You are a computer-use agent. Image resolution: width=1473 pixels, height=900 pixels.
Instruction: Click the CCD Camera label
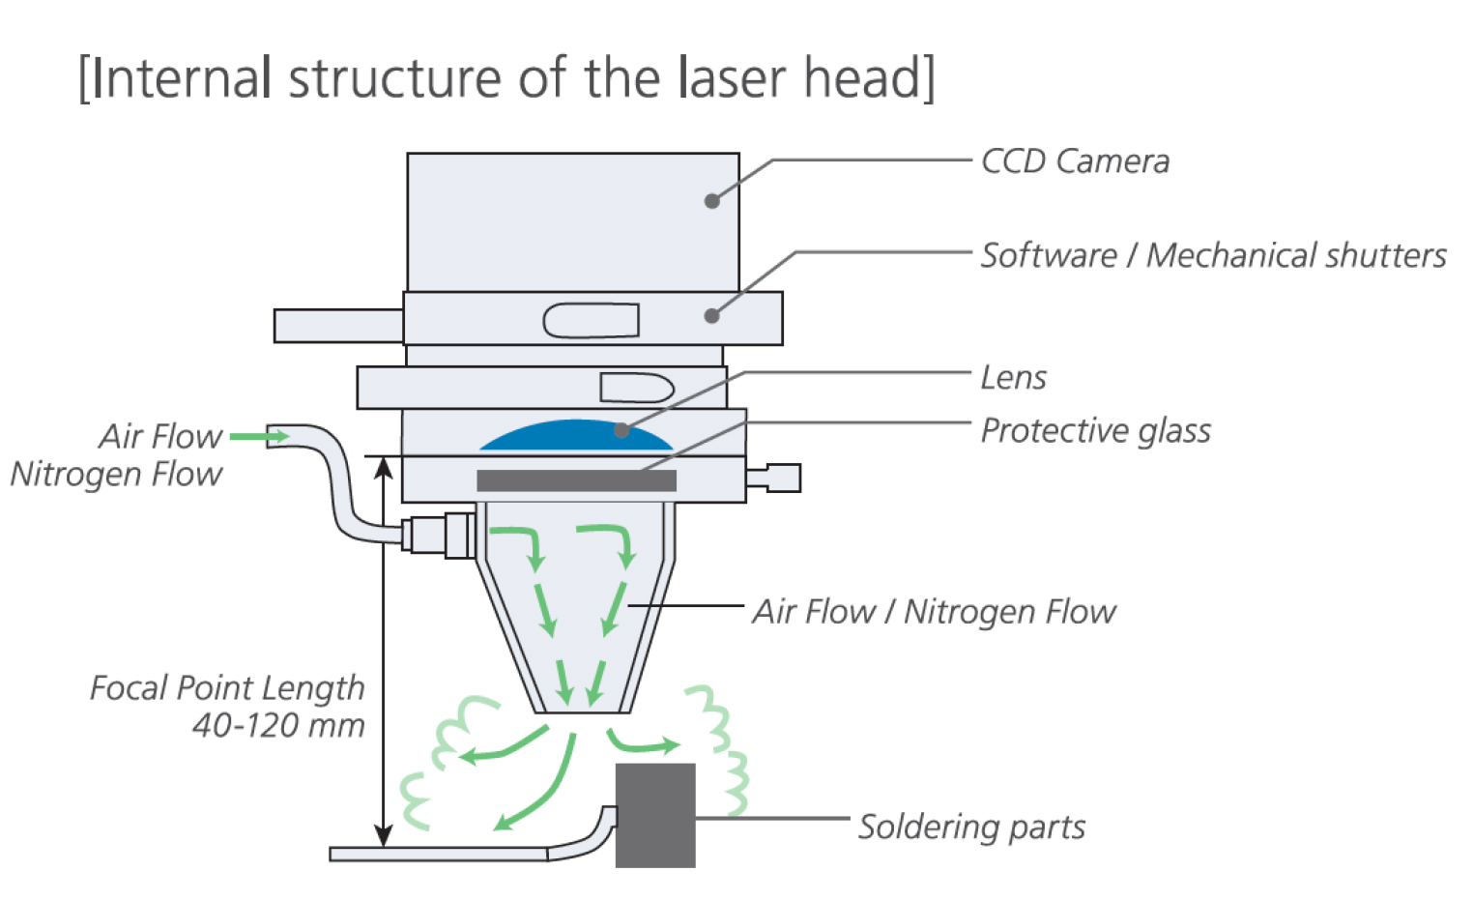(x=1074, y=161)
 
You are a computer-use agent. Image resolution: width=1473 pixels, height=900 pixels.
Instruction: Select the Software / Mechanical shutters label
(x=1213, y=255)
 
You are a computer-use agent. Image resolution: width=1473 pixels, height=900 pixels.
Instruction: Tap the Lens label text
(x=1013, y=377)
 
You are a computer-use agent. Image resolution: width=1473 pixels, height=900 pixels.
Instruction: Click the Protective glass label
(x=1095, y=430)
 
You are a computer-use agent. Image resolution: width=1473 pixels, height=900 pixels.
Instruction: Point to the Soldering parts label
(x=971, y=827)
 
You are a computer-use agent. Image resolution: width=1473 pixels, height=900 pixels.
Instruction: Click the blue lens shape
(x=576, y=437)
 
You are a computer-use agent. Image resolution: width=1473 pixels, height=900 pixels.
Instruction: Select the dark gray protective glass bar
(x=576, y=480)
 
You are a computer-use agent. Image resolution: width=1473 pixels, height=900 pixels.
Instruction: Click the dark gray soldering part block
(x=655, y=815)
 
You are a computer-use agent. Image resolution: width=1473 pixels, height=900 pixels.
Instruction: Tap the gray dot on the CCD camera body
(x=712, y=201)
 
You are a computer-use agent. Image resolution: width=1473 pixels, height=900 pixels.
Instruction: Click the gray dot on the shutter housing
(x=712, y=315)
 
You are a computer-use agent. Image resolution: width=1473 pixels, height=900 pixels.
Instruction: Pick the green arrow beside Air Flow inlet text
(x=259, y=437)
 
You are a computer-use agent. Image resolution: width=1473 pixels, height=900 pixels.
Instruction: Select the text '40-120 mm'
(x=278, y=725)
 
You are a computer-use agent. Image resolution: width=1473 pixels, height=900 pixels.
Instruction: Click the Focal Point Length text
(x=227, y=687)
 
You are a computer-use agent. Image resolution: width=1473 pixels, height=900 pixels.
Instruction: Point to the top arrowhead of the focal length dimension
(x=384, y=468)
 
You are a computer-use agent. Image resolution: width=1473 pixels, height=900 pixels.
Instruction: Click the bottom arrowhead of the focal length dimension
(x=384, y=836)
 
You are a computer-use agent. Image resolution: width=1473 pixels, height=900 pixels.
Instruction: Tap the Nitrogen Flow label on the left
(x=116, y=474)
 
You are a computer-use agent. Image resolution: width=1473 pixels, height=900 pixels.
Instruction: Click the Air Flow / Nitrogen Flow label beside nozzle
(x=934, y=611)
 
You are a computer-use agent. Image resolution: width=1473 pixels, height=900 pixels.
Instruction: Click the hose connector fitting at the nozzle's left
(x=440, y=534)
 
